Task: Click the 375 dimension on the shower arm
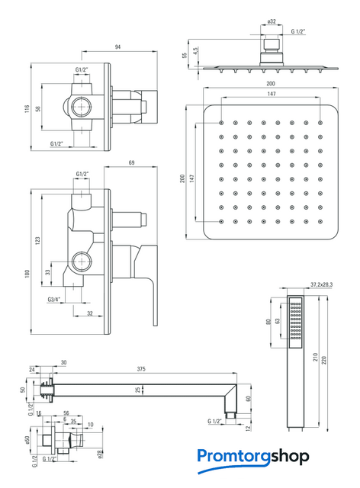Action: click(141, 369)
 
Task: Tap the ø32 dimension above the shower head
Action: click(272, 21)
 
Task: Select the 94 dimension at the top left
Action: click(117, 47)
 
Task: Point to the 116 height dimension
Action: click(27, 108)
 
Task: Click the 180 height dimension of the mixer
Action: click(27, 274)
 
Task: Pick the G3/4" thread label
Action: click(54, 300)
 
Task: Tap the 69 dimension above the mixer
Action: click(131, 162)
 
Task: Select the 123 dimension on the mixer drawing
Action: click(38, 241)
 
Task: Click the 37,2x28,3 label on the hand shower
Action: click(322, 284)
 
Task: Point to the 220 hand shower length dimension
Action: click(324, 361)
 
